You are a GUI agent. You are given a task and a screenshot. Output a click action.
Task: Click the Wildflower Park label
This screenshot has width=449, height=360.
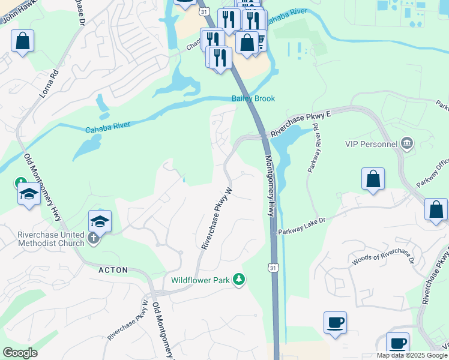point(200,280)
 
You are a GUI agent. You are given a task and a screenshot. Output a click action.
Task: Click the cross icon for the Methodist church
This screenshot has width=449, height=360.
point(93,238)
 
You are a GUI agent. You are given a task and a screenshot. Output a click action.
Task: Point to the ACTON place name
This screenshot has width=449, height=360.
point(113,270)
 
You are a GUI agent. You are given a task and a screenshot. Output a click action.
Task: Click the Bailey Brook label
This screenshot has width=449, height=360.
point(253,98)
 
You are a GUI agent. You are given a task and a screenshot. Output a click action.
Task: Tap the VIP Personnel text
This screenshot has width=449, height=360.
point(371,144)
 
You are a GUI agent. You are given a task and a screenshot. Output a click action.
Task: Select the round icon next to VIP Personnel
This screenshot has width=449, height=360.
point(407,143)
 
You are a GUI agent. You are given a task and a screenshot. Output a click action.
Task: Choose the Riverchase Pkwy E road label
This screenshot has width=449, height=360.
point(301,124)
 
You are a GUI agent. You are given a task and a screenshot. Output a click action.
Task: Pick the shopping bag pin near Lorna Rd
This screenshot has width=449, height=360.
point(22,42)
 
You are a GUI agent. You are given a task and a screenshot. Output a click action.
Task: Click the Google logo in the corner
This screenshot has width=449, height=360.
point(20,353)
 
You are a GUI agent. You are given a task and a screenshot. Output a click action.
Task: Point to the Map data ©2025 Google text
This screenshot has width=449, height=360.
point(411,355)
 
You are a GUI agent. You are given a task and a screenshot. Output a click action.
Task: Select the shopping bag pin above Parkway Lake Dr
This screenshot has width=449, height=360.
point(373,179)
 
